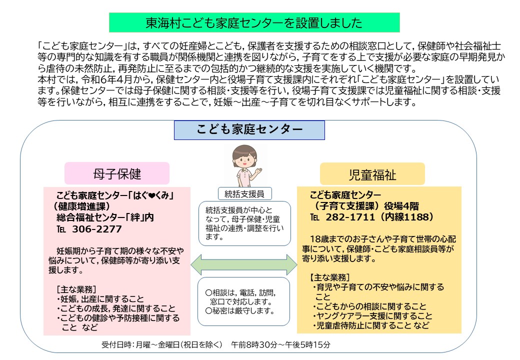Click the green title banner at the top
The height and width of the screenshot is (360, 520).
tap(254, 22)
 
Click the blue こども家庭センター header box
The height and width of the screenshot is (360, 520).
tap(249, 130)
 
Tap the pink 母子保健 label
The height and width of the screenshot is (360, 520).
tap(117, 173)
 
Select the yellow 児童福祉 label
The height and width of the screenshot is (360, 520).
tap(372, 174)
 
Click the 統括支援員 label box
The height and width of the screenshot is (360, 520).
tap(244, 194)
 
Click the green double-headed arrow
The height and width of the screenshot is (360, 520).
tap(244, 264)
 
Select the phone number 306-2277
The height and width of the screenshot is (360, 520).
tap(97, 229)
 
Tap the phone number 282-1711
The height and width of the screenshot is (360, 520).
tap(350, 217)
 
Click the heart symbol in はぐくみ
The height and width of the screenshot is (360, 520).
tap(152, 195)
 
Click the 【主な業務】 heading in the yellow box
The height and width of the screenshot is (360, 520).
tap(329, 277)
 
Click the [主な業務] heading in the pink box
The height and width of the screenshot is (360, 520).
tap(76, 289)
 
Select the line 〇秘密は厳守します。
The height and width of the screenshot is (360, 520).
tap(240, 311)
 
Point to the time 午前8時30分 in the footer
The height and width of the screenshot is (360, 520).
tap(254, 345)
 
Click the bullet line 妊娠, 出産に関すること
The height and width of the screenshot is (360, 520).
tap(100, 299)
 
